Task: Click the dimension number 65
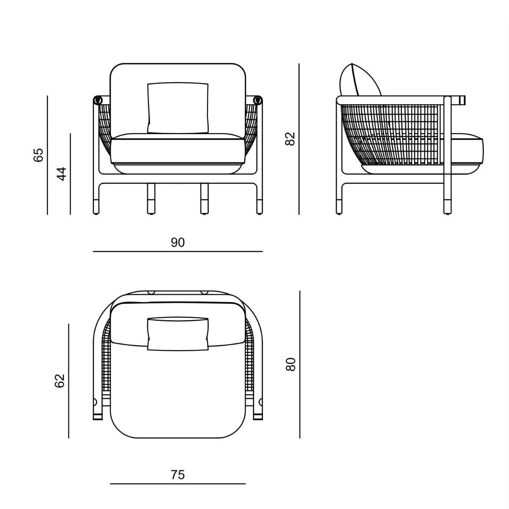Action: [x=38, y=155]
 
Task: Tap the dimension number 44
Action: [x=62, y=174]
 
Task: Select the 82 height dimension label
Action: [x=290, y=138]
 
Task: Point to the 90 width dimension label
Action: [x=178, y=243]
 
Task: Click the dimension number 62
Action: [x=60, y=380]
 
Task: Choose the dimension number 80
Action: [x=291, y=364]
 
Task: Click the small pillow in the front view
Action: [x=178, y=108]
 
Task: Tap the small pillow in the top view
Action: [x=178, y=334]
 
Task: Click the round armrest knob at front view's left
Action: [x=98, y=101]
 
